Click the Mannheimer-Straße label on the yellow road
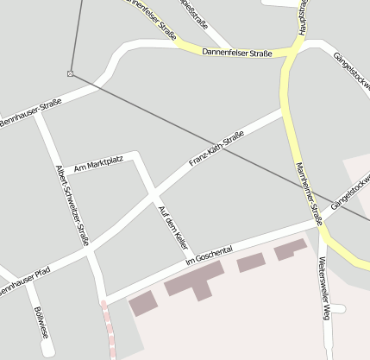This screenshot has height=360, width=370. pyautogui.click(x=308, y=194)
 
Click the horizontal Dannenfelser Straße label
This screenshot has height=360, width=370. pyautogui.click(x=237, y=53)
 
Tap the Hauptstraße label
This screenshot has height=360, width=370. pyautogui.click(x=303, y=17)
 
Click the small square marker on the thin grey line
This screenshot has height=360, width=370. pyautogui.click(x=71, y=73)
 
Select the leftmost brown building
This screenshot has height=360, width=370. pyautogui.click(x=143, y=303)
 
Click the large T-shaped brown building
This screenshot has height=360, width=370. pyautogui.click(x=196, y=281)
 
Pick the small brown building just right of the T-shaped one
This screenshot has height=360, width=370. pyautogui.click(x=251, y=262)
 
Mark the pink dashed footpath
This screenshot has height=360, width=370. pyautogui.click(x=109, y=328)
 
